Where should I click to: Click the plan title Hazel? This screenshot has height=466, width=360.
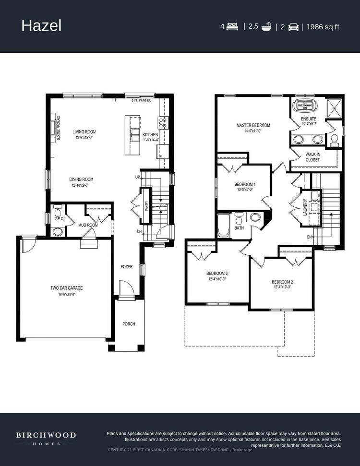coord(41,26)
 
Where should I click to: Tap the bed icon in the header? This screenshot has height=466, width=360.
coord(233,26)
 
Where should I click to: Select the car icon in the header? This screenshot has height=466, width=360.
coord(293,27)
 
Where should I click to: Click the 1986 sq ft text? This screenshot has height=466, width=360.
coord(323,26)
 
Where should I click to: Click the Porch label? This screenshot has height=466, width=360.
coord(129,324)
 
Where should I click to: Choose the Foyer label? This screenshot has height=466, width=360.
coord(127,266)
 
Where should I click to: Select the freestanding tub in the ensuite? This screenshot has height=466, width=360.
coord(304,105)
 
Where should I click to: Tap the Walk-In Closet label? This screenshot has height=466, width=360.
coord(313,157)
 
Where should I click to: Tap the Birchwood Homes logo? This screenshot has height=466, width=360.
coord(46,438)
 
